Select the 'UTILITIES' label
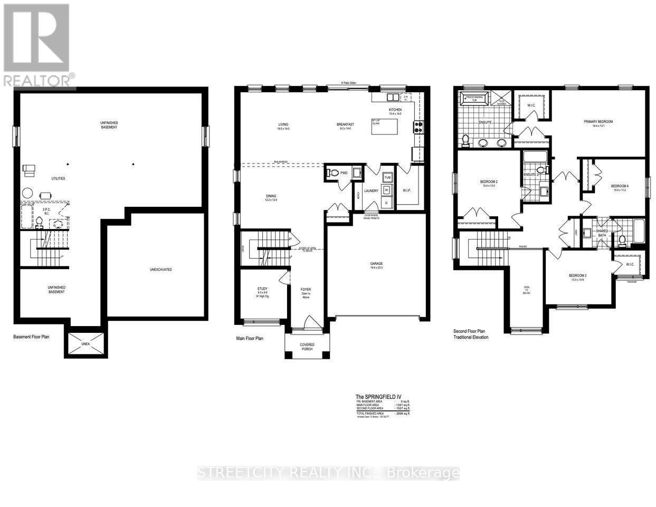(58, 178)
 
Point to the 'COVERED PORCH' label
(307, 347)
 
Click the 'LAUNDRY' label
(371, 191)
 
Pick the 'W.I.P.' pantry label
(407, 190)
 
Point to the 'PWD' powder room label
(344, 173)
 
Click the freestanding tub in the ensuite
(474, 98)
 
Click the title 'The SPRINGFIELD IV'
(374, 397)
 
